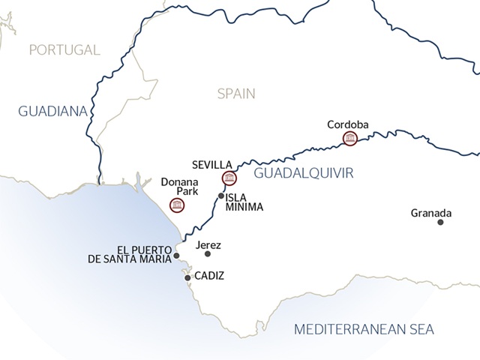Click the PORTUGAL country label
coord(64,50)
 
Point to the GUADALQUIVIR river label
coord(303,174)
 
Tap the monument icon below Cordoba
coord(349,139)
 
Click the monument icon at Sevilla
coord(229,178)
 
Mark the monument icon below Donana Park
coord(176,205)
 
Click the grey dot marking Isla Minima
coord(220,196)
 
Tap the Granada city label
coord(431,212)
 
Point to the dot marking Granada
coord(440,222)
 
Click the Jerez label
coord(208,244)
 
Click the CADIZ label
coord(209,277)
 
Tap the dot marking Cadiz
coord(187,277)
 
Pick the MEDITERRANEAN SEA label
coord(364,329)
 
